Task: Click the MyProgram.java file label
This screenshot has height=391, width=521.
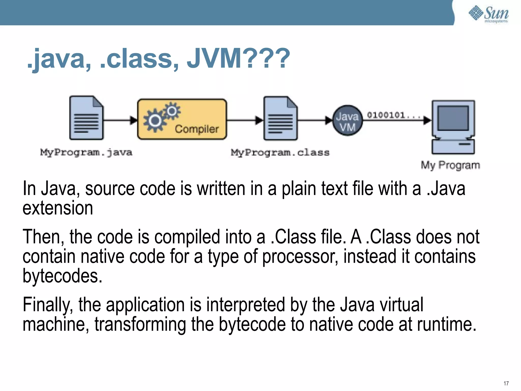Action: pyautogui.click(x=86, y=152)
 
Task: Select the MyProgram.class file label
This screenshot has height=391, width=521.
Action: pyautogui.click(x=280, y=152)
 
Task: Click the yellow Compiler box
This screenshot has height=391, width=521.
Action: pyautogui.click(x=182, y=119)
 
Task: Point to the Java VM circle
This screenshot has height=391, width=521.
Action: pyautogui.click(x=348, y=120)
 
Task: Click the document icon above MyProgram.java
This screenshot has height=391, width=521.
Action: pyautogui.click(x=86, y=118)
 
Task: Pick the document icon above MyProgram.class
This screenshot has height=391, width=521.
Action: pyautogui.click(x=280, y=118)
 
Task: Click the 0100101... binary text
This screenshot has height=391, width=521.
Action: pyautogui.click(x=389, y=115)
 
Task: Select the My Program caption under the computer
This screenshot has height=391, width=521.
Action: pyautogui.click(x=450, y=165)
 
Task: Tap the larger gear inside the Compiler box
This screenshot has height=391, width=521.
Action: pyautogui.click(x=155, y=121)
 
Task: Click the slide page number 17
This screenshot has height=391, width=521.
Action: pyautogui.click(x=506, y=383)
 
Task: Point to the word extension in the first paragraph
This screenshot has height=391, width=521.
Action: pyautogui.click(x=58, y=208)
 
